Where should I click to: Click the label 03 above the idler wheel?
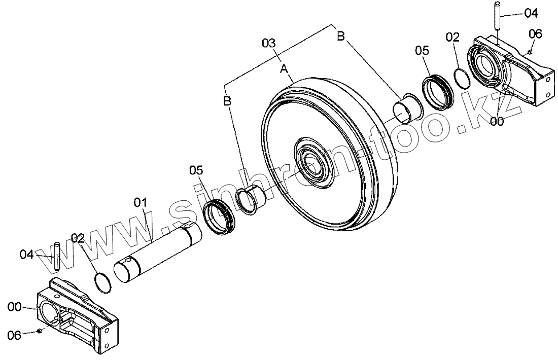tap(269, 43)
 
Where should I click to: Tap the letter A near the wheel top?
tap(284, 68)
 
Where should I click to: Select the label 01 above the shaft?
tap(140, 203)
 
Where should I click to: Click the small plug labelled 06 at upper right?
tap(529, 51)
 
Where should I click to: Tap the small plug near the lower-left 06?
tap(40, 331)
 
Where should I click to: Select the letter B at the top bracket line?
tap(341, 36)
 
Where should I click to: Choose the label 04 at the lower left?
tap(26, 253)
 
